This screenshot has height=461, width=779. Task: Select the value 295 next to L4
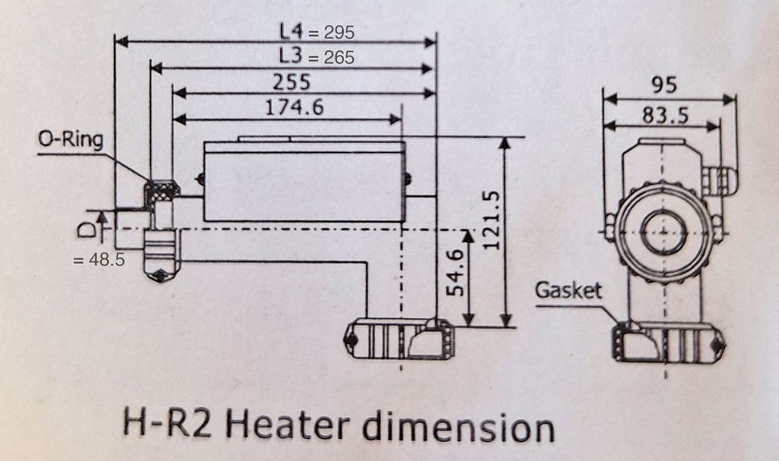point(339,33)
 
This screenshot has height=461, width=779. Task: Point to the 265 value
point(339,57)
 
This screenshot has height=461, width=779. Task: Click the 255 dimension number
point(292,82)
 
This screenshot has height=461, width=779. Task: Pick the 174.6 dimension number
point(294,108)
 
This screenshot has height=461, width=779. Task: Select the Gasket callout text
point(568,290)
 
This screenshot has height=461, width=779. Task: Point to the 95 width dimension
point(663,85)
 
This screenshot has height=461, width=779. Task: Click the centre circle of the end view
point(664,230)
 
